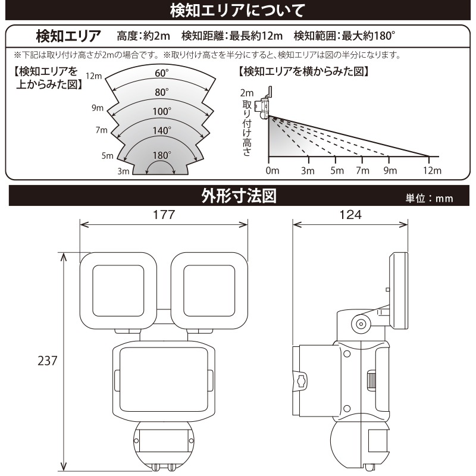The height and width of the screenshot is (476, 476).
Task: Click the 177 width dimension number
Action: pos(164,215)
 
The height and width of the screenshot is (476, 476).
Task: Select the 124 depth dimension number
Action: pos(350,215)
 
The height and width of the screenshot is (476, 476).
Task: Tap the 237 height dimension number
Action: pos(48,361)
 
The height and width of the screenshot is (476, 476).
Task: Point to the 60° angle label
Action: pos(161,73)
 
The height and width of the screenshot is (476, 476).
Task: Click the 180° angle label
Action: pos(161,155)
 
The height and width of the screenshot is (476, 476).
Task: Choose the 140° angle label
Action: pos(161,130)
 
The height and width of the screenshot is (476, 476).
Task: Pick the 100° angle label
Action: pos(161,111)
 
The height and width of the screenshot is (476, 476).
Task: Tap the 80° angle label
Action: pos(161,92)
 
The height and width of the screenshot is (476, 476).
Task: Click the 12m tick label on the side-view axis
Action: pos(433,170)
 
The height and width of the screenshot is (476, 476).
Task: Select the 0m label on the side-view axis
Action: pos(273,170)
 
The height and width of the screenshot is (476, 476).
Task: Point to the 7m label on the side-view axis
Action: pos(362,170)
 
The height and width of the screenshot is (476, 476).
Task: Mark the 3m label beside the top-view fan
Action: pos(123,171)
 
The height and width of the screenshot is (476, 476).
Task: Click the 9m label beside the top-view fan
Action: pos(98,108)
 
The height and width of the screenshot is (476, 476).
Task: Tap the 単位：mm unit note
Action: pos(429,198)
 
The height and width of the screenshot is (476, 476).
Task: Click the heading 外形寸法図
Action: pos(239,196)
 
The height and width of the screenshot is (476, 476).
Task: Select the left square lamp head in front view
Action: pos(118,291)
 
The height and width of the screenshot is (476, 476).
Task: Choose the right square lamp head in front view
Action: pos(209,291)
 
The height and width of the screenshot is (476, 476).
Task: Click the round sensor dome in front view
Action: pos(163,446)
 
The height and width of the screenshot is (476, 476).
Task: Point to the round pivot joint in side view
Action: pos(361,324)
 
